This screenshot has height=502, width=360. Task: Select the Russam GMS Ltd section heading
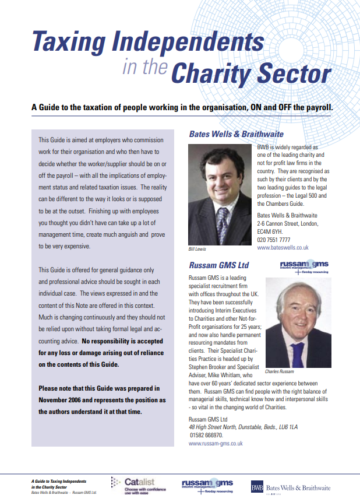pos(218,264)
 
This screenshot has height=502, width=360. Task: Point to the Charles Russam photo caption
pos(279,371)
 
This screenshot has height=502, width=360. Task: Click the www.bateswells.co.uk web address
pos(283,248)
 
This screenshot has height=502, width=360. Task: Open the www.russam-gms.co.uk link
pos(216,444)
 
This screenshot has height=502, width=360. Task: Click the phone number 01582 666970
pos(206,435)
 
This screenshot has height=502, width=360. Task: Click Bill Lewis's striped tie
pos(221,225)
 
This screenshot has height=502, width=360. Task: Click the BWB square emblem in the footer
pos(257,487)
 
